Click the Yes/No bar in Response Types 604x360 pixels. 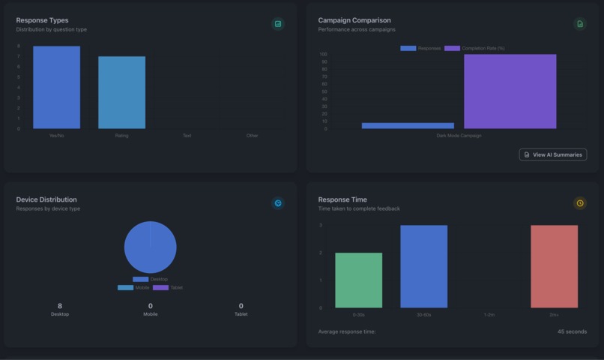pyautogui.click(x=56, y=88)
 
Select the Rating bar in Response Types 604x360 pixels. pyautogui.click(x=121, y=92)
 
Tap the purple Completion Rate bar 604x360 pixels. pyautogui.click(x=510, y=91)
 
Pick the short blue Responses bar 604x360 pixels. pyautogui.click(x=408, y=125)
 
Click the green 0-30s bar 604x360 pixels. pyautogui.click(x=358, y=280)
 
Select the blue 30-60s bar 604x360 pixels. pyautogui.click(x=423, y=266)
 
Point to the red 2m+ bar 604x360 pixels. pyautogui.click(x=554, y=266)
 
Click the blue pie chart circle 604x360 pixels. pyautogui.click(x=150, y=247)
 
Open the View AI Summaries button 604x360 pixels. pyautogui.click(x=552, y=154)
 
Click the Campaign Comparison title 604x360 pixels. pyautogui.click(x=354, y=20)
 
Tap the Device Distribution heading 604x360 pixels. pyautogui.click(x=46, y=199)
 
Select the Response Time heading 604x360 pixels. pyautogui.click(x=342, y=199)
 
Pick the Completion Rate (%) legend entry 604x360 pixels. pyautogui.click(x=475, y=48)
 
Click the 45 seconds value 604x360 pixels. pyautogui.click(x=572, y=331)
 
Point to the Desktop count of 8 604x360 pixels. pyautogui.click(x=60, y=306)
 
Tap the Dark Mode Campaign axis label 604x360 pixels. pyautogui.click(x=459, y=136)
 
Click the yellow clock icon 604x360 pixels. pyautogui.click(x=579, y=203)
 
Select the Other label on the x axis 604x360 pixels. pyautogui.click(x=253, y=136)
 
